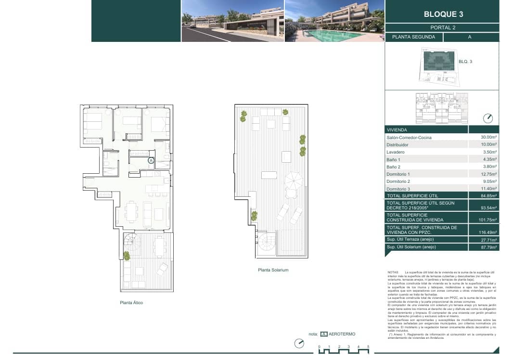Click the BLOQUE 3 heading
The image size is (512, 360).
coord(443,14)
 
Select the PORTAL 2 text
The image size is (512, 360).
coord(443,27)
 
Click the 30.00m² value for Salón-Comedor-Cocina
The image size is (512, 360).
coord(488,138)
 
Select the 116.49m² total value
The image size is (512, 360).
coord(487,232)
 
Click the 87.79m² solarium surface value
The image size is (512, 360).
coord(488,247)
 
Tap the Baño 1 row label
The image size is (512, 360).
coord(393,159)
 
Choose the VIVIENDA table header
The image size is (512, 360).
coord(397,130)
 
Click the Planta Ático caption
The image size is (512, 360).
coord(131,303)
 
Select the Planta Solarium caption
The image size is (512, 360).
coord(273,270)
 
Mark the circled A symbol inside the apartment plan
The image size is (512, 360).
coord(151,161)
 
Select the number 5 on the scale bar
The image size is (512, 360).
coord(368,347)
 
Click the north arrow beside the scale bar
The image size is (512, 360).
coord(299,343)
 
